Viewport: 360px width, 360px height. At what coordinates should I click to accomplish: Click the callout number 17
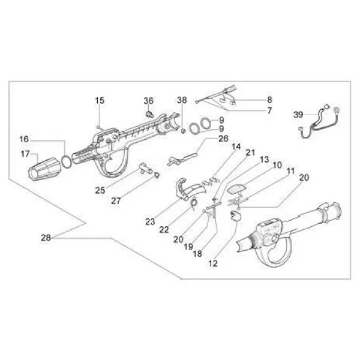(25, 154)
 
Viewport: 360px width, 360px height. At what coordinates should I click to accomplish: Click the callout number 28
(46, 238)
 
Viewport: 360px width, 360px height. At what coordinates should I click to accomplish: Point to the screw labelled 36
(149, 113)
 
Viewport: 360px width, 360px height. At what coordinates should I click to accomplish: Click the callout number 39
(298, 115)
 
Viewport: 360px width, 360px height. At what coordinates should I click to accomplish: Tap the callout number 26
(223, 139)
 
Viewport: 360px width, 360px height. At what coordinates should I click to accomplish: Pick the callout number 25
(100, 190)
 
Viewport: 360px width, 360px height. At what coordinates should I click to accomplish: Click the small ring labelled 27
(157, 175)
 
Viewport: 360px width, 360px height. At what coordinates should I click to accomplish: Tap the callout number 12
(213, 263)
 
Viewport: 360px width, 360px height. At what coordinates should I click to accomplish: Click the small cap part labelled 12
(235, 215)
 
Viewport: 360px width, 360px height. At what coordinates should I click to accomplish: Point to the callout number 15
(100, 100)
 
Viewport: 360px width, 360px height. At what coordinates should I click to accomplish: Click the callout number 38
(182, 100)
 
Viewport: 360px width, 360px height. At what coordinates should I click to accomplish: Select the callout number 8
(269, 100)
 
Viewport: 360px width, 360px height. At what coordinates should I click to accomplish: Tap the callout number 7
(269, 110)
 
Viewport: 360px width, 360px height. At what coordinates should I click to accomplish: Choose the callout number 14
(236, 146)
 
